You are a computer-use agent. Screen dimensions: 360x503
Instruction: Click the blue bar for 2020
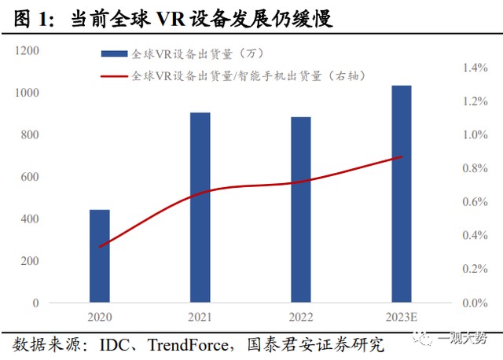coord(100,255)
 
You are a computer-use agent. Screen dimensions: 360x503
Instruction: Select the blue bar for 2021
coord(200,208)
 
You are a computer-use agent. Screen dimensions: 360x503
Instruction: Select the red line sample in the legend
coord(114,75)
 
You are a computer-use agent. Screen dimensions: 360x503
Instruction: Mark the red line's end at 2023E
coord(402,156)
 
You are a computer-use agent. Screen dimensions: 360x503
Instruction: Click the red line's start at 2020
coord(100,247)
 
